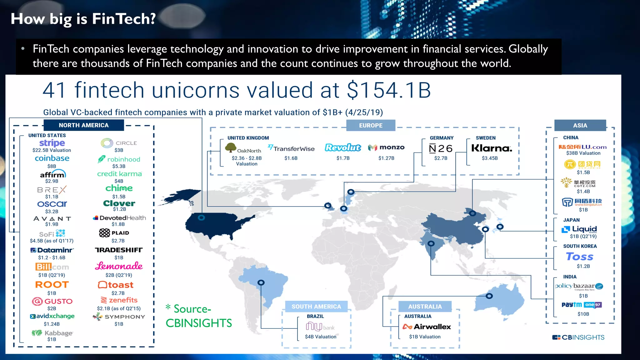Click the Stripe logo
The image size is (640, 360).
click(x=52, y=143)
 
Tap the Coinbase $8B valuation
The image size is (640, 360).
click(x=52, y=166)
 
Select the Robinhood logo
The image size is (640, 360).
click(x=119, y=159)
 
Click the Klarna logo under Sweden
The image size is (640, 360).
click(x=492, y=148)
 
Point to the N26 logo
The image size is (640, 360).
click(x=441, y=148)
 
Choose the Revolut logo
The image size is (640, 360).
click(x=343, y=147)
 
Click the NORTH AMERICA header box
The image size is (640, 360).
click(x=84, y=125)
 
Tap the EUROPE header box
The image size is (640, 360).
click(x=371, y=125)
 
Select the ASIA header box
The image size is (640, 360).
click(x=580, y=125)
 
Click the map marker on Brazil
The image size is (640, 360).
click(x=261, y=282)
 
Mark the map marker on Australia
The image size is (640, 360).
click(x=489, y=296)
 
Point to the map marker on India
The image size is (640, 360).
click(x=431, y=243)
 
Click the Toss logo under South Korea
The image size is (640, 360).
click(x=580, y=257)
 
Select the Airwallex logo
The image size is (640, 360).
click(x=427, y=327)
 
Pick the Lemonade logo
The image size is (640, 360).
click(x=119, y=266)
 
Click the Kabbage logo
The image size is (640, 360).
click(x=52, y=333)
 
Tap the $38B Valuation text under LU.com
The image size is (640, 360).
click(x=583, y=153)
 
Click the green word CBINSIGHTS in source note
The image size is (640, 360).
click(x=199, y=323)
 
